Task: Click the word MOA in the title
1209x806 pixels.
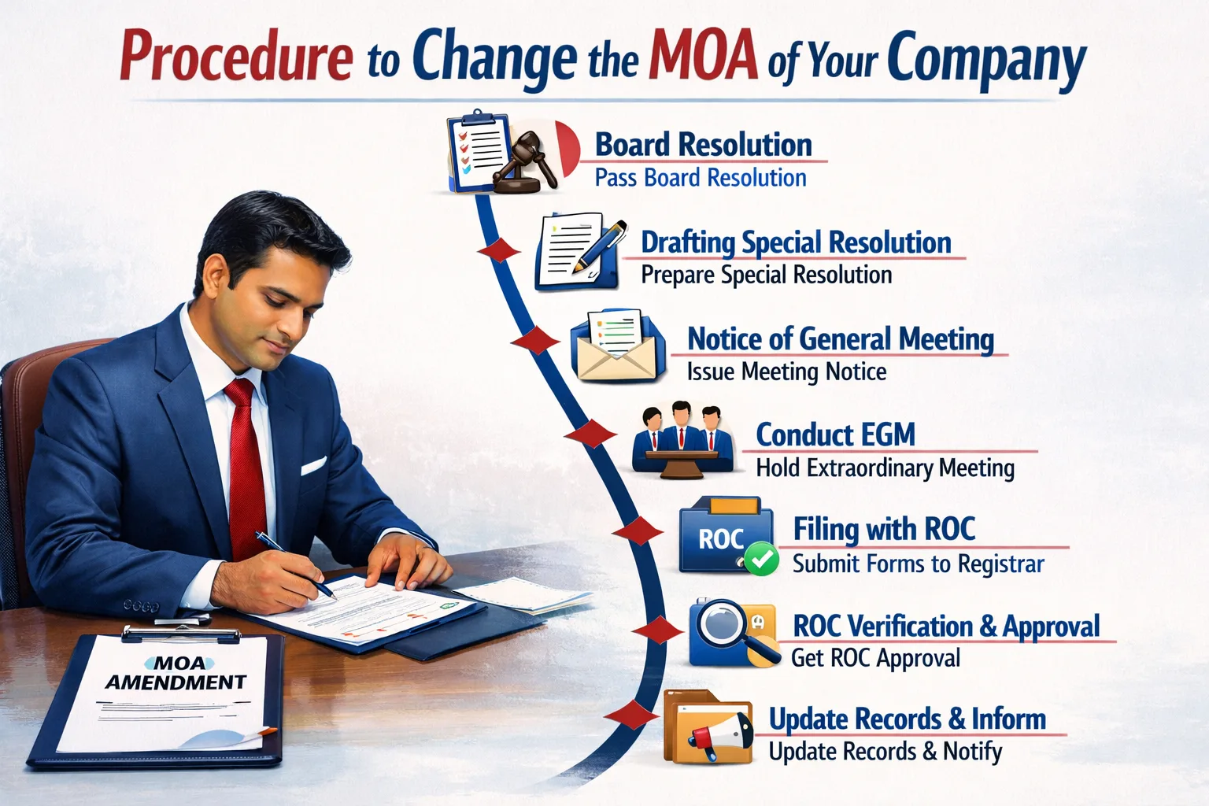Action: click(x=703, y=57)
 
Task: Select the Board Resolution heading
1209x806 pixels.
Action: click(x=703, y=145)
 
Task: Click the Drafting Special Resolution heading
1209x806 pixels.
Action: click(x=796, y=242)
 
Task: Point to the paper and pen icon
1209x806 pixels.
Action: click(x=579, y=250)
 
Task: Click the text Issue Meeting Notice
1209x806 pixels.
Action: click(x=786, y=372)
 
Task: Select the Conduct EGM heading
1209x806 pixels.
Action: click(x=835, y=434)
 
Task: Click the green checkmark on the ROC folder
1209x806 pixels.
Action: click(x=760, y=560)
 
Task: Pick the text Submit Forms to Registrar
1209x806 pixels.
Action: click(x=918, y=564)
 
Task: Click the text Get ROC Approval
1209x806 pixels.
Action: click(x=875, y=658)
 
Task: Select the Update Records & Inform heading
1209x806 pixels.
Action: click(x=907, y=719)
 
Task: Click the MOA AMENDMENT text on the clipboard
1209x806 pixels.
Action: click(x=176, y=674)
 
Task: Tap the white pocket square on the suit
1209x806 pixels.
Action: click(x=312, y=466)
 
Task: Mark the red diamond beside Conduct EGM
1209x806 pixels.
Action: click(x=590, y=434)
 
